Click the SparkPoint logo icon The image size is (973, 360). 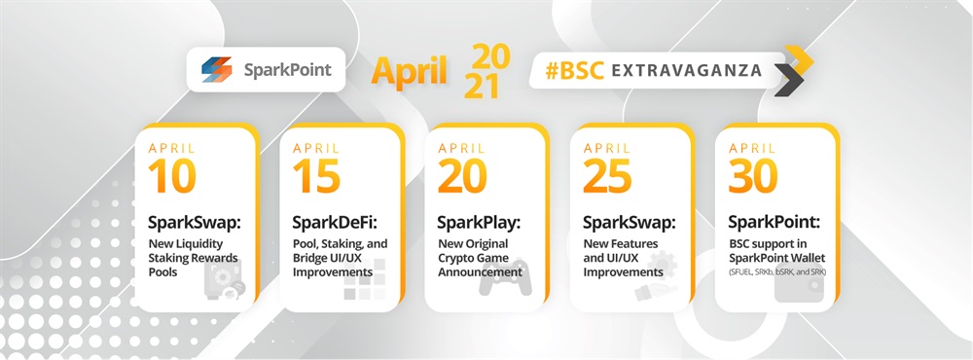[217, 69]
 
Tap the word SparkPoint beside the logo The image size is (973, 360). [287, 69]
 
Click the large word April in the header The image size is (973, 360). [409, 71]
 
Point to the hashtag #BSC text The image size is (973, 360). [575, 70]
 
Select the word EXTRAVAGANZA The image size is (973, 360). [686, 70]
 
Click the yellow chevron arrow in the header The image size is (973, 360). [799, 59]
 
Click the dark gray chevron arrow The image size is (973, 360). [789, 81]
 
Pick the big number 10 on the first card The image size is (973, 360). [172, 175]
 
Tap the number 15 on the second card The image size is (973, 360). [316, 175]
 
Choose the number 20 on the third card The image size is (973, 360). [462, 175]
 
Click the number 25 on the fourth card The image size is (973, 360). [607, 175]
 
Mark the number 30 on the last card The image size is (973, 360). [753, 175]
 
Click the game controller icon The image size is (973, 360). [505, 278]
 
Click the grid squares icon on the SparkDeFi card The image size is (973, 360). [364, 279]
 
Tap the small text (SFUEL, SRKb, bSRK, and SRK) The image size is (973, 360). [776, 271]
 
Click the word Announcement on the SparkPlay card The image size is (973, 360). [481, 271]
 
